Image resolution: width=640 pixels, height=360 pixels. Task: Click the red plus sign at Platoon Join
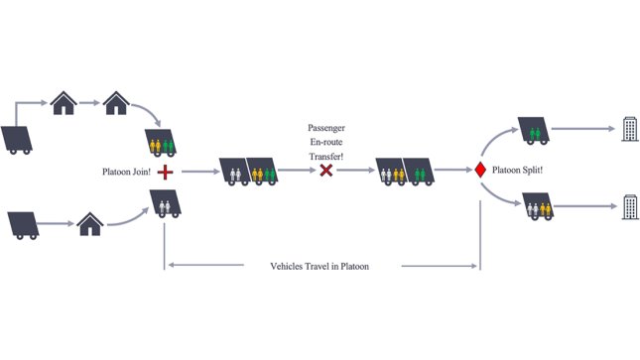pos(165,173)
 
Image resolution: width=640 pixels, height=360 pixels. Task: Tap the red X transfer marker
pos(325,171)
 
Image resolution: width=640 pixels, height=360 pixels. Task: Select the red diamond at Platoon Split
pos(480,171)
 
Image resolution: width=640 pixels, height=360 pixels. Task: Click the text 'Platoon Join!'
pos(126,172)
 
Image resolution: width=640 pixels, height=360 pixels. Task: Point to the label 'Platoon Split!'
pos(517,171)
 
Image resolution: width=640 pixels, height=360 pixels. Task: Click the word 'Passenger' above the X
pos(326,129)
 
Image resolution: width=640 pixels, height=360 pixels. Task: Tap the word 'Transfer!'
pos(326,156)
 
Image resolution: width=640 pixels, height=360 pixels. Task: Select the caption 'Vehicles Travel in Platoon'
pos(320,266)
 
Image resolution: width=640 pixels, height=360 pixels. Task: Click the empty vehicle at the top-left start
pos(19,139)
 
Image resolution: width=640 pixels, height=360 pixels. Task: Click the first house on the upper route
pos(64,102)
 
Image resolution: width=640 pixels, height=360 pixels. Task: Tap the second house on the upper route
pos(116,102)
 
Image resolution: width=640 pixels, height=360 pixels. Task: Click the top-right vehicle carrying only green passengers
pos(533,132)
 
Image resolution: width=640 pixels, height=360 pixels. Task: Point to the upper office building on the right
pos(629,129)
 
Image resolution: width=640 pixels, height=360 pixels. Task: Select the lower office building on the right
pos(630,207)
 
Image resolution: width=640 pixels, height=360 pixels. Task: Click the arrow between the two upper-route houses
pos(89,102)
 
